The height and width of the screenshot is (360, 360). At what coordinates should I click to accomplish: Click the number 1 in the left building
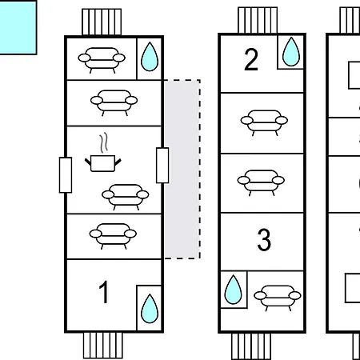(x=104, y=292)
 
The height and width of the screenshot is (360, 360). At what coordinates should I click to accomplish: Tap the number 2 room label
(x=251, y=59)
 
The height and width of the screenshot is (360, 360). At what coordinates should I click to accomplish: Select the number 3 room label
(x=264, y=240)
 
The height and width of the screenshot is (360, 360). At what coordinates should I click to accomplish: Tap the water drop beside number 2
(x=291, y=52)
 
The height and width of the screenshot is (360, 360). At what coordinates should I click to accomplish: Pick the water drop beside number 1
(x=150, y=309)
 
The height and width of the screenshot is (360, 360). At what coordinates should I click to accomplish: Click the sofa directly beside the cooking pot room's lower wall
(x=126, y=197)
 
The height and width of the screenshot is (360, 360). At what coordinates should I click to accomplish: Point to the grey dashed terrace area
(x=182, y=169)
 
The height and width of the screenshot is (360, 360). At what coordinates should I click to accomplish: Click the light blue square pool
(x=18, y=27)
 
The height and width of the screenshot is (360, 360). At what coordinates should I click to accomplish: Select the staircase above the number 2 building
(x=258, y=21)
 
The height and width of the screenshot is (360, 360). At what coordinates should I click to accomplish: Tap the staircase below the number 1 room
(x=103, y=345)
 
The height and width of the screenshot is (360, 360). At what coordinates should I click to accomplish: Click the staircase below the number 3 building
(x=251, y=346)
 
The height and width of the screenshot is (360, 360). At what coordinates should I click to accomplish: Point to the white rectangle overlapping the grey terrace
(x=162, y=166)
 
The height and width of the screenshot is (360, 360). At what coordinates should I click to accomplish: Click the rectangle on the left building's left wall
(x=66, y=175)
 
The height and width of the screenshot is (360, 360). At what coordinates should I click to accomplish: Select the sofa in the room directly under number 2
(x=264, y=122)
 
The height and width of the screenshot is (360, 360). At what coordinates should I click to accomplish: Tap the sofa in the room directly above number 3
(x=261, y=182)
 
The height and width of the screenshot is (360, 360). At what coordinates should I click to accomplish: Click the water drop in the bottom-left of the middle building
(x=233, y=290)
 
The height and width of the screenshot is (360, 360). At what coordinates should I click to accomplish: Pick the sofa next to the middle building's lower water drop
(x=278, y=298)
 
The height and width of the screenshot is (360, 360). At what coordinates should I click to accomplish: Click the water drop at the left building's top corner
(x=150, y=57)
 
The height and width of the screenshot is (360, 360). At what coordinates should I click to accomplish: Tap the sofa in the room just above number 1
(x=113, y=236)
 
